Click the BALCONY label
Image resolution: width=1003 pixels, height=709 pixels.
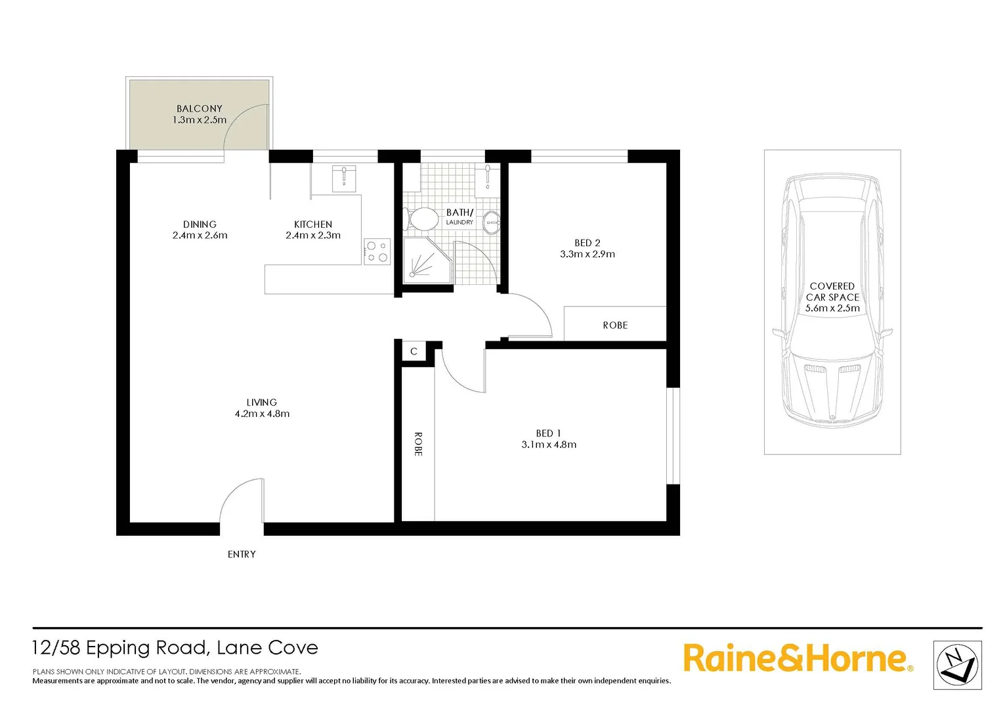pyautogui.click(x=200, y=109)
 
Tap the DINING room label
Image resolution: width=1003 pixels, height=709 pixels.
pyautogui.click(x=200, y=225)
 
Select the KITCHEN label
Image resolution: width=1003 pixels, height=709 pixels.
pyautogui.click(x=313, y=225)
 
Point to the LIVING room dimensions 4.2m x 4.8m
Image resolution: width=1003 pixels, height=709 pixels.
pyautogui.click(x=262, y=414)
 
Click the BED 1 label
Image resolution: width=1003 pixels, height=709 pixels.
pyautogui.click(x=549, y=433)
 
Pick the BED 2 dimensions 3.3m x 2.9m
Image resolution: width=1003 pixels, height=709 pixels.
pyautogui.click(x=587, y=255)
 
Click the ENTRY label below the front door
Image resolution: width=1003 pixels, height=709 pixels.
pyautogui.click(x=242, y=555)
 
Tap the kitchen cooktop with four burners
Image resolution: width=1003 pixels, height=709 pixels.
pyautogui.click(x=377, y=252)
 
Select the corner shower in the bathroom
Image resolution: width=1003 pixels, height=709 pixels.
pyautogui.click(x=425, y=261)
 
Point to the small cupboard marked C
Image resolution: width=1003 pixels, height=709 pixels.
pyautogui.click(x=414, y=352)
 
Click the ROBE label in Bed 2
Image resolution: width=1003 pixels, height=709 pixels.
pyautogui.click(x=615, y=326)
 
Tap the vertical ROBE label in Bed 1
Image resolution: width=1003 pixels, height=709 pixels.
pyautogui.click(x=418, y=444)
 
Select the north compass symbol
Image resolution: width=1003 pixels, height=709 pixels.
pyautogui.click(x=957, y=665)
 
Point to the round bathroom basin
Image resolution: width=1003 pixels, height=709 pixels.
pyautogui.click(x=491, y=223)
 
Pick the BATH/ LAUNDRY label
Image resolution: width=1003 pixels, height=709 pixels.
pyautogui.click(x=459, y=216)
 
